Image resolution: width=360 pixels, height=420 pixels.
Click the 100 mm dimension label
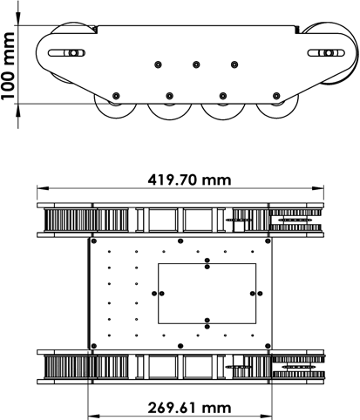click(x=9, y=66)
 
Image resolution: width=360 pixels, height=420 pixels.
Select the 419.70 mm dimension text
click(x=189, y=180)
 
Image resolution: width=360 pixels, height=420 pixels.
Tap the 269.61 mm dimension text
click(x=189, y=408)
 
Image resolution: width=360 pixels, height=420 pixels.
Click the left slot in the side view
click(x=66, y=53)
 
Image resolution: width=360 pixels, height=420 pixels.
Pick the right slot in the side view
click(x=326, y=53)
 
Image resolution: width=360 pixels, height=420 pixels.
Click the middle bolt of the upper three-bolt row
click(x=196, y=64)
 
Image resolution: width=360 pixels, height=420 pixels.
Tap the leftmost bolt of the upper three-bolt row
click(x=158, y=64)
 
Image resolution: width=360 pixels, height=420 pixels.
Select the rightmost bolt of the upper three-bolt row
click(x=234, y=64)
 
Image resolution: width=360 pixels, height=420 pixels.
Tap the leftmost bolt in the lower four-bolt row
click(x=116, y=96)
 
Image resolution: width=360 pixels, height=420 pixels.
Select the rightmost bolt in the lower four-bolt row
click(x=276, y=96)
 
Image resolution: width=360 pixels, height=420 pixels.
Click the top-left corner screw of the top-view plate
click(x=93, y=241)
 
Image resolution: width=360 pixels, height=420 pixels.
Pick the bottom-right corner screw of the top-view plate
click(x=268, y=346)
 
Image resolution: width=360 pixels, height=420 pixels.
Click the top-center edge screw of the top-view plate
click(x=180, y=241)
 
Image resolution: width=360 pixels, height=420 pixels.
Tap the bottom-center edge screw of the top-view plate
click(x=180, y=346)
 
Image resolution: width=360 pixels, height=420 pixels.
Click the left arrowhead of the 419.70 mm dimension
click(x=43, y=189)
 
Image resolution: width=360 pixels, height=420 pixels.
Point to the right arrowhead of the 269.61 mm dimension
click(x=267, y=417)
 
